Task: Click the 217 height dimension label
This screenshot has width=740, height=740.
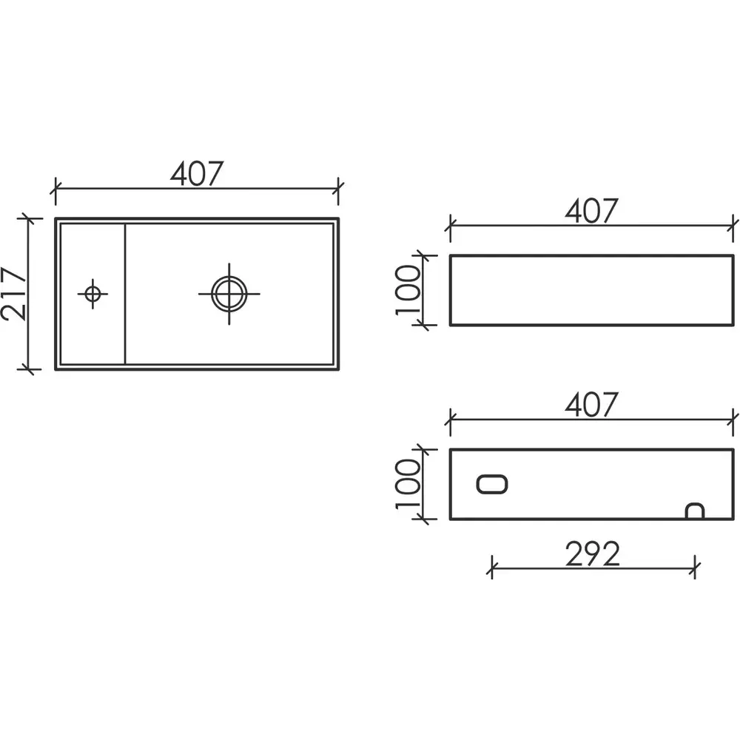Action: point(14,294)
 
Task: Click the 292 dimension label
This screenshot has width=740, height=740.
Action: point(592,554)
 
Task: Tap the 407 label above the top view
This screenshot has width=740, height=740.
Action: point(196,174)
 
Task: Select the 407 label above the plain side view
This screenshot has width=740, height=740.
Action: point(591,212)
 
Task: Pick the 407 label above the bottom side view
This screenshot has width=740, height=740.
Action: point(591,405)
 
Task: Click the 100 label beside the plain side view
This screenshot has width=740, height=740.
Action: point(408,289)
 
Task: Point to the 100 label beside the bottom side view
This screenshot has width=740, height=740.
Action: point(408,483)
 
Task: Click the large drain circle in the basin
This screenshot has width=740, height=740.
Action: point(229,293)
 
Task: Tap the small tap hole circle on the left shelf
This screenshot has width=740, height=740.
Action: point(92,294)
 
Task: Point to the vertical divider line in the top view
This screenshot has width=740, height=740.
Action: point(125,294)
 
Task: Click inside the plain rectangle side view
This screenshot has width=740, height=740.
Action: point(592,289)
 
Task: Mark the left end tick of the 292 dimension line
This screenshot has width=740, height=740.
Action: point(491,568)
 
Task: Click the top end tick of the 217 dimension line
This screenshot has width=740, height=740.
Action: point(29,219)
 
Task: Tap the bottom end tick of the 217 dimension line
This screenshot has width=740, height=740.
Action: point(29,368)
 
